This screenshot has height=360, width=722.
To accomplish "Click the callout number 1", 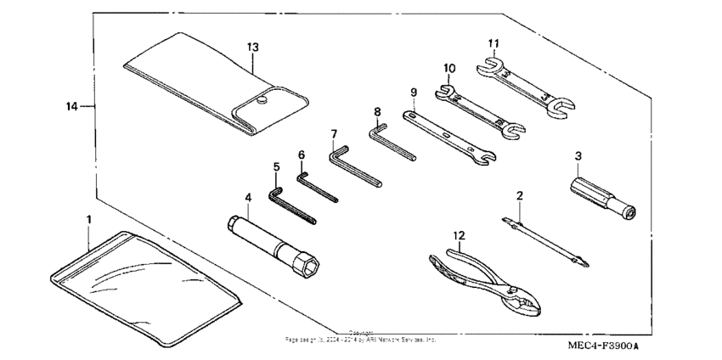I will pyautogui.click(x=88, y=219).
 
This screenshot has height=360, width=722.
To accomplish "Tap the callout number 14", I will pyautogui.click(x=72, y=106).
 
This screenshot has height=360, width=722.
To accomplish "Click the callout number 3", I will pyautogui.click(x=578, y=155).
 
